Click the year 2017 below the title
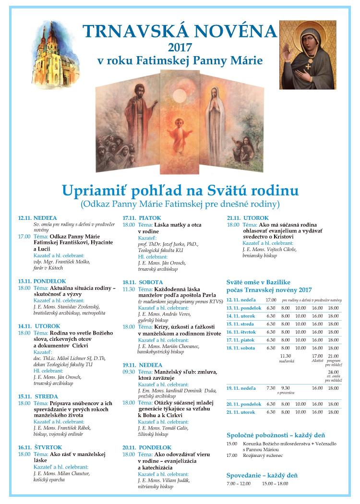180,47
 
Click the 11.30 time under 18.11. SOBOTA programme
129,289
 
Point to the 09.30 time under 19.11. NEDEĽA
129,371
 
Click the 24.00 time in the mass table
333,372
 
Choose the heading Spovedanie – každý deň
262,475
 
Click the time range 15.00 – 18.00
275,483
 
